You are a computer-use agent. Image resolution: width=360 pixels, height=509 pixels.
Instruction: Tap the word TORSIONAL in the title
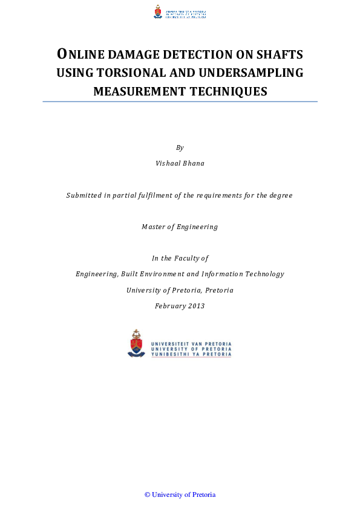coord(130,73)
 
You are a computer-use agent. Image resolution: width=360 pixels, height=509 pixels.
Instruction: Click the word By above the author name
coord(180,148)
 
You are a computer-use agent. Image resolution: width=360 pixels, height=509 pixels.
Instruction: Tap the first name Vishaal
coord(168,163)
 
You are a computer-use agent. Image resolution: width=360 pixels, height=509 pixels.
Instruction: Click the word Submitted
coord(84,195)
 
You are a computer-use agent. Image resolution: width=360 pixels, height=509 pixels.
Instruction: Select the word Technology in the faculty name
coord(264,274)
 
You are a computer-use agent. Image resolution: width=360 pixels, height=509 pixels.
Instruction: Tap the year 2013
coord(196,306)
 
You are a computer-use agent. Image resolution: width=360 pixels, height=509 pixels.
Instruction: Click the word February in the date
coord(171,306)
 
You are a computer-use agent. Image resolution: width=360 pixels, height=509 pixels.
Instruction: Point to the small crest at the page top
coord(158,11)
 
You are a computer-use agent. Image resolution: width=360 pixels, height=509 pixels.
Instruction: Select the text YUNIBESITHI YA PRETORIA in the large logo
coord(191,355)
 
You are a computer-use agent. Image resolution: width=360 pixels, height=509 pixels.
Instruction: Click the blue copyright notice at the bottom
coord(180,494)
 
